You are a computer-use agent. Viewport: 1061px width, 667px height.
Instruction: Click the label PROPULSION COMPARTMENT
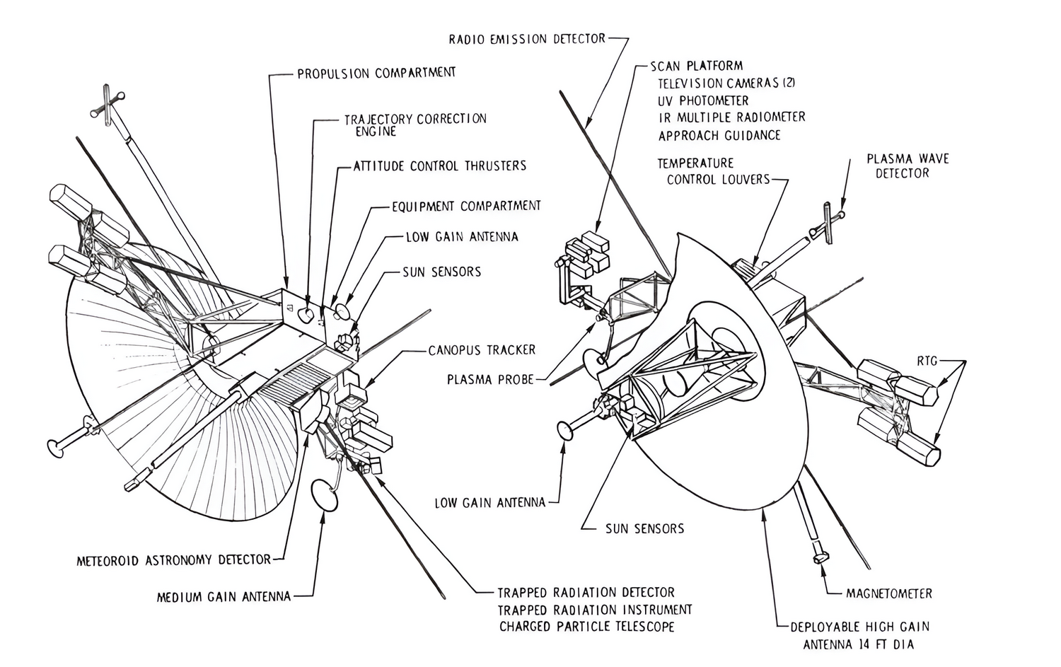click(376, 73)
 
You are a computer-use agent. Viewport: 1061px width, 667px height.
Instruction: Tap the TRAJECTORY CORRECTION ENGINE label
click(414, 124)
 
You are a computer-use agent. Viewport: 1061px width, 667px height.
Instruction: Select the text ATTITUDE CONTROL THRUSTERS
click(440, 166)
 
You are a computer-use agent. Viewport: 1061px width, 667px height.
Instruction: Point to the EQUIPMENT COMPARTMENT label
click(466, 206)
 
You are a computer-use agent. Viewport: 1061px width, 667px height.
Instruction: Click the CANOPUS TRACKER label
click(482, 350)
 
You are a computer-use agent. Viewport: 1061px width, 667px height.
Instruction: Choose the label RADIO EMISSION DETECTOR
click(527, 38)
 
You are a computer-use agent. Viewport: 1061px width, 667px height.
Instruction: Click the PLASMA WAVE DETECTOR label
click(908, 166)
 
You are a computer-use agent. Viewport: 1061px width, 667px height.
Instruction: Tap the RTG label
click(927, 361)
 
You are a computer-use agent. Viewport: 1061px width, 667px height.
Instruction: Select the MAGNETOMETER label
click(888, 593)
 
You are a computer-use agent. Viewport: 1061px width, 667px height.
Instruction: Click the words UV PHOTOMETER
click(703, 100)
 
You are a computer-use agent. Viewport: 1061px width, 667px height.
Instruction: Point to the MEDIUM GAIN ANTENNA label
click(224, 596)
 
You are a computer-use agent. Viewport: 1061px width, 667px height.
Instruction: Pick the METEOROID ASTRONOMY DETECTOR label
click(173, 560)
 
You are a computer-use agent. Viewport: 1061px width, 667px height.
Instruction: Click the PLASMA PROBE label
click(489, 380)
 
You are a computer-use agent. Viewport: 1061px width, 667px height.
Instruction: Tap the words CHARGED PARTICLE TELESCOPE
click(586, 626)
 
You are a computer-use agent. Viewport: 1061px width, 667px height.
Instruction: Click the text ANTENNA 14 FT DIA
click(858, 644)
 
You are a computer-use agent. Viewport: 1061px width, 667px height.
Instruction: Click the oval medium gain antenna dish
click(325, 495)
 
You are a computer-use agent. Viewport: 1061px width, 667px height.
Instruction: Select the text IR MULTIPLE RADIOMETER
click(731, 117)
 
